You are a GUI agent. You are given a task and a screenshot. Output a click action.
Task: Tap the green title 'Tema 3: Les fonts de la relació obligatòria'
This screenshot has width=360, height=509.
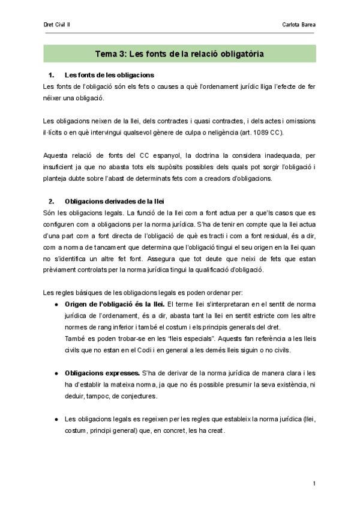click(x=180, y=54)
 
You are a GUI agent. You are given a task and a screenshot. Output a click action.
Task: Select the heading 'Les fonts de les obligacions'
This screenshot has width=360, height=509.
click(x=109, y=75)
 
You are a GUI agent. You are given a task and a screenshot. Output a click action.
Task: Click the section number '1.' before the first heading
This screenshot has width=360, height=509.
click(x=51, y=75)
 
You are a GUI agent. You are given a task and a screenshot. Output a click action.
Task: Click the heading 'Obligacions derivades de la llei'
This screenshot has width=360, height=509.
click(x=113, y=200)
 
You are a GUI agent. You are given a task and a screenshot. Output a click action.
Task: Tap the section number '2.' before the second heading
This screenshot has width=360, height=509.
click(x=51, y=200)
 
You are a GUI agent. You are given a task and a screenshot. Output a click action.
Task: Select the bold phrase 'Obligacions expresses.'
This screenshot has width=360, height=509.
click(x=102, y=373)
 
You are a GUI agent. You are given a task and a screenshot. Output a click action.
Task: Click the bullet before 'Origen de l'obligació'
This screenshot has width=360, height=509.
click(x=56, y=304)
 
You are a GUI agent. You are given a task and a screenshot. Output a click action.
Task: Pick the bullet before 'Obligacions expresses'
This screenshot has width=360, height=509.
click(x=56, y=373)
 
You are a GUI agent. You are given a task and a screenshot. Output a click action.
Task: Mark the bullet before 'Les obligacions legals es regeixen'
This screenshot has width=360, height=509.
click(x=56, y=419)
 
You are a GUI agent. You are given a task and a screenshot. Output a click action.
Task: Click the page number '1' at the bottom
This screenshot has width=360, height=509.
click(x=314, y=484)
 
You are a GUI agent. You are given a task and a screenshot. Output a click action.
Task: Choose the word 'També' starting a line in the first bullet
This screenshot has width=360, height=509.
click(x=75, y=339)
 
